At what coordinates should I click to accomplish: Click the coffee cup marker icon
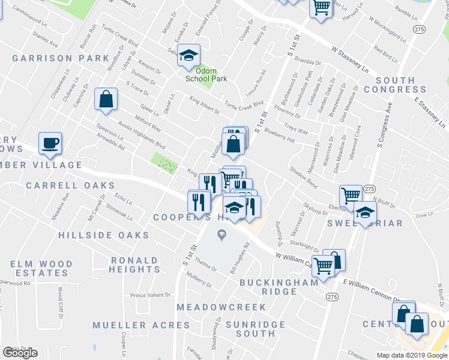tap(50, 143)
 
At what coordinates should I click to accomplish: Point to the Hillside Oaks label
tap(103, 235)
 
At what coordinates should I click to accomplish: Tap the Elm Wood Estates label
tap(41, 268)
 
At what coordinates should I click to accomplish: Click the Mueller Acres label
tap(141, 325)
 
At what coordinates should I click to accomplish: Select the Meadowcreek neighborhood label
tap(221, 307)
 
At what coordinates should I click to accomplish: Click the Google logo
tap(20, 353)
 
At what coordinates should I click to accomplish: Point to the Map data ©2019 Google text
tap(411, 355)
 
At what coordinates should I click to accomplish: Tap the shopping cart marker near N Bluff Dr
tap(351, 194)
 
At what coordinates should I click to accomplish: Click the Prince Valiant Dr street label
tap(151, 295)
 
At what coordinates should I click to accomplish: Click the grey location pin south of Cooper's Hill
tap(222, 236)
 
